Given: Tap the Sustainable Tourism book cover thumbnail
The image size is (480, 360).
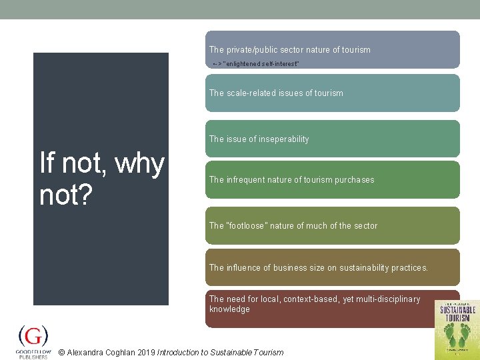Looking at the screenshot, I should pos(457,329).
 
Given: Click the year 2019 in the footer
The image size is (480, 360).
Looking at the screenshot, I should pos(146,353).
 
